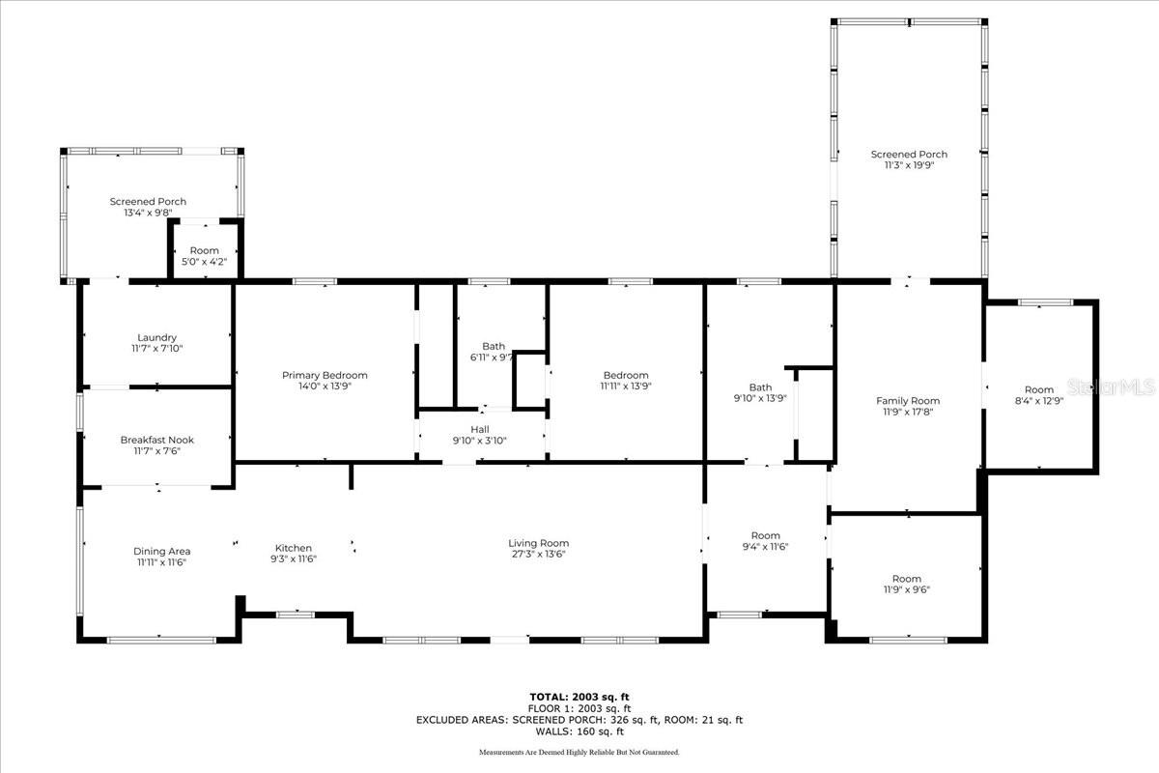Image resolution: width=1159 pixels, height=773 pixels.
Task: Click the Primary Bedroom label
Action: pos(325,375)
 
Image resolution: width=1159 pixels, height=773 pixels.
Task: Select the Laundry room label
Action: pos(156,337)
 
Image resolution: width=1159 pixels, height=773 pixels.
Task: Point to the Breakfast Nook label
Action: pos(156,440)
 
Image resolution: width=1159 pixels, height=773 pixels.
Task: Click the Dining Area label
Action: pos(161,551)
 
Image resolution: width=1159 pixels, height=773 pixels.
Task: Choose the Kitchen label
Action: pos(294,548)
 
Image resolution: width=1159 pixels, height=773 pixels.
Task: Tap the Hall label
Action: pos(480,429)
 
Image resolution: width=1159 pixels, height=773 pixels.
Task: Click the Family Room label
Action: pos(907,401)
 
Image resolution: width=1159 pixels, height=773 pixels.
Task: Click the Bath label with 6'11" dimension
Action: pos(494,346)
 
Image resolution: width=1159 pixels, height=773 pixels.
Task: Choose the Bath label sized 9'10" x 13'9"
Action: pos(760,387)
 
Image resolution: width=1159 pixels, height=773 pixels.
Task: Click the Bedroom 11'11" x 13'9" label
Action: pos(626,375)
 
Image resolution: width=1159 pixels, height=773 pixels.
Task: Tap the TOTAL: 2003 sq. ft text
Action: pos(579,697)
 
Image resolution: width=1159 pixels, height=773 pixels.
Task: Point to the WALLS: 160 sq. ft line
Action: pos(579,731)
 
